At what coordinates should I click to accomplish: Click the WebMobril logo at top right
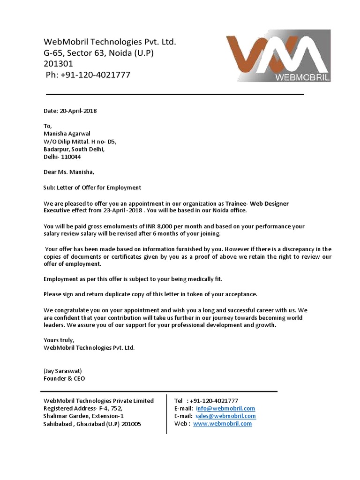(278, 57)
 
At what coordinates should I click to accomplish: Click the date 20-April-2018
(78, 111)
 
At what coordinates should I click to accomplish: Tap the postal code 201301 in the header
(58, 64)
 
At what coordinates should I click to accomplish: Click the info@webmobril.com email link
(225, 408)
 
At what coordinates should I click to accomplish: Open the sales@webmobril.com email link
(225, 416)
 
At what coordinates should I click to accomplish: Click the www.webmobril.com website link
(223, 423)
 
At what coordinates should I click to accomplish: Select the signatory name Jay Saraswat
(63, 371)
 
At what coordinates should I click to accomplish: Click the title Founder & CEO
(64, 378)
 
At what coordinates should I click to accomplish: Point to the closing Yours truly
(59, 340)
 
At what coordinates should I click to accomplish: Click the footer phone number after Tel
(214, 401)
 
